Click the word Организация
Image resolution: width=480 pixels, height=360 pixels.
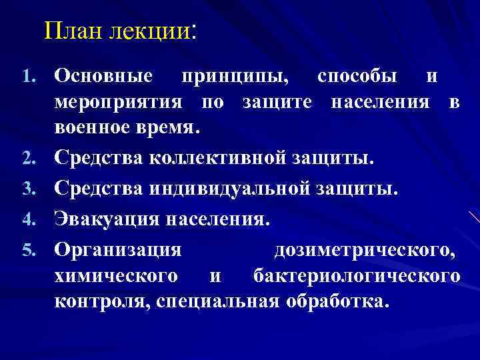tap(118, 249)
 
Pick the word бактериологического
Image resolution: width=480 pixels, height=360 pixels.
tap(357, 275)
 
